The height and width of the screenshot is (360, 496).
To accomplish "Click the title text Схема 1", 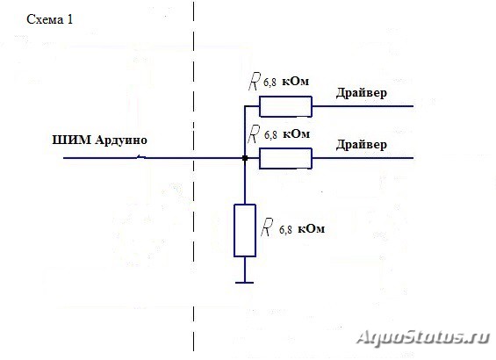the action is coord(50,19).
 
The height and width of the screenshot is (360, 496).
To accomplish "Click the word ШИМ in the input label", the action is coord(71,140).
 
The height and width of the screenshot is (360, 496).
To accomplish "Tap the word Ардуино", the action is coord(121,140).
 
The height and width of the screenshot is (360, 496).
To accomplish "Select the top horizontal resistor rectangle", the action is coord(285,106).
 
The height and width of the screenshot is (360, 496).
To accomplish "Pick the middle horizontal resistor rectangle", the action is coord(285,158).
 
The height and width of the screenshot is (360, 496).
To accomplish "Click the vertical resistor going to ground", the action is coord(245,230).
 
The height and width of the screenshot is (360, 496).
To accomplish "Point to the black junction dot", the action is coord(245,158).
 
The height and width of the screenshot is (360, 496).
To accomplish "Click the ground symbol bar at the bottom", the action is coord(245,283).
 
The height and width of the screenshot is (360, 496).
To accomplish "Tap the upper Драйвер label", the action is coord(361,93).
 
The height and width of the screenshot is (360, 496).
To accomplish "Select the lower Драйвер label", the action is coord(361,145).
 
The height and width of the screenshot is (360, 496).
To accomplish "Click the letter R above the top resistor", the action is coord(255,82).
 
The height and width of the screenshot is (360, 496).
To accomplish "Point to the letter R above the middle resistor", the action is coord(254,133).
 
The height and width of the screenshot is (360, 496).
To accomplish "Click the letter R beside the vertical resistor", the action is coord(267,227).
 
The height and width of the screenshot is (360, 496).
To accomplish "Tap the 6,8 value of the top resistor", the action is coord(270,83).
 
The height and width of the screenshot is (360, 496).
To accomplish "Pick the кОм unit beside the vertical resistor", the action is coord(312,228).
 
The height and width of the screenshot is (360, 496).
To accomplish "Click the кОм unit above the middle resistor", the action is coord(296,134).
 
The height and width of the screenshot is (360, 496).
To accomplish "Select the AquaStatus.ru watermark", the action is coord(423,337).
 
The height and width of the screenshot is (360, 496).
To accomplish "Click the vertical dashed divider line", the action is coord(194,176).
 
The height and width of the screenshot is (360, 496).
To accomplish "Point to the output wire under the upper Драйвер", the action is coord(363,106).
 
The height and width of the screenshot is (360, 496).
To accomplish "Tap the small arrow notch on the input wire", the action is coord(141,157).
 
